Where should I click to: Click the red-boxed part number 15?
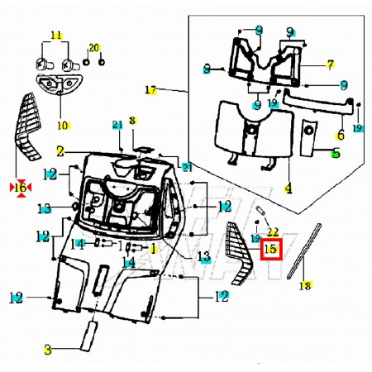click(x=271, y=250)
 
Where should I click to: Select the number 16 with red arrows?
click(x=21, y=188)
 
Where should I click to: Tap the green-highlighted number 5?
click(x=336, y=152)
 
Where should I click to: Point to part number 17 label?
click(x=151, y=90)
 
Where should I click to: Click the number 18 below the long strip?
click(x=305, y=285)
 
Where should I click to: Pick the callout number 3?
click(x=48, y=350)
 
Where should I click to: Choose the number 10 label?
click(x=63, y=126)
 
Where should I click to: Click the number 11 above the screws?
click(x=56, y=36)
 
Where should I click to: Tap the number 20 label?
click(x=94, y=48)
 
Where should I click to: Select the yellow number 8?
click(x=132, y=121)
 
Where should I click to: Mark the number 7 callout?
click(x=331, y=64)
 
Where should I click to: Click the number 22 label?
click(x=273, y=232)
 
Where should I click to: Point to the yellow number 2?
click(x=60, y=151)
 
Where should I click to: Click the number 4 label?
click(x=289, y=188)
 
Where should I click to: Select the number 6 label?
click(x=341, y=136)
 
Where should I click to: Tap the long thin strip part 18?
click(x=304, y=250)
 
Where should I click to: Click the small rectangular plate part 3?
click(x=88, y=336)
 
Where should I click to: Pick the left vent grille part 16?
click(x=27, y=126)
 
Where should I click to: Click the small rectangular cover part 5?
click(x=308, y=137)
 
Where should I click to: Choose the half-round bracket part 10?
click(x=60, y=85)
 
